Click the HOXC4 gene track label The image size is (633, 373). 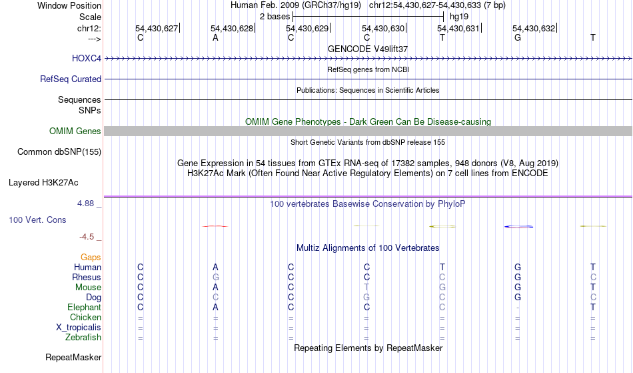[x=87, y=59]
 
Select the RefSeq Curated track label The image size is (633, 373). [x=71, y=79]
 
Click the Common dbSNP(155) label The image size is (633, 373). [x=59, y=151]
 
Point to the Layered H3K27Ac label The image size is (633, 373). [x=43, y=181]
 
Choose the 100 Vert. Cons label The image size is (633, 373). [x=37, y=220]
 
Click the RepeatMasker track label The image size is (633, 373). [x=73, y=358]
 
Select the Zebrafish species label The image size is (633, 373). [x=82, y=338]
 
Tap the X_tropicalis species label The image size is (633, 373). [x=79, y=328]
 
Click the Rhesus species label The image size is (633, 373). [x=87, y=278]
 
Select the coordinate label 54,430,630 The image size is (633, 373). [x=383, y=28]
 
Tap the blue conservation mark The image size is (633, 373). [x=518, y=227]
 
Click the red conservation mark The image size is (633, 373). [x=215, y=226]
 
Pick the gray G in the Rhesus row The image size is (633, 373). [x=215, y=278]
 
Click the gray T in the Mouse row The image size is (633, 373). [x=366, y=288]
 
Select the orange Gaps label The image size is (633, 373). [x=91, y=257]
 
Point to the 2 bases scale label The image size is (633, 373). [x=274, y=15]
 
